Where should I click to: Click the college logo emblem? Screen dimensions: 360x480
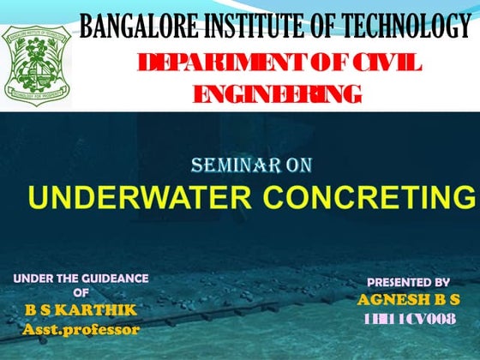(36, 59)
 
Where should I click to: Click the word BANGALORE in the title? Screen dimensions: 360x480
(134, 27)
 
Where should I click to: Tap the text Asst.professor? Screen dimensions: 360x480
(81, 328)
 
